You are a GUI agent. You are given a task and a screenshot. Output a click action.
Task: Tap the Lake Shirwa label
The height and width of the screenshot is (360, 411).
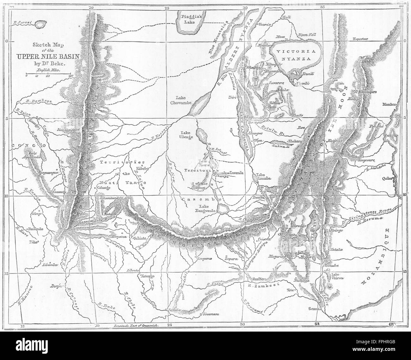[337, 276]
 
